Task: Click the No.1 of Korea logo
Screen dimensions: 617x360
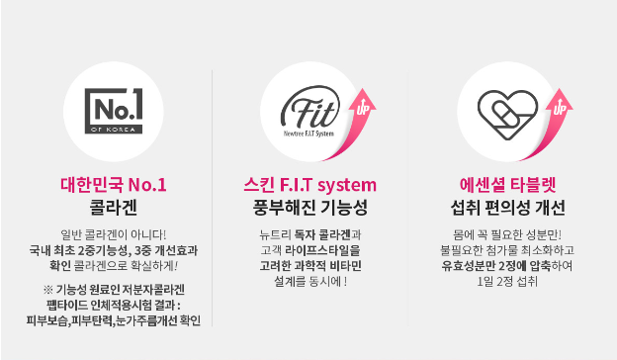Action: (114, 111)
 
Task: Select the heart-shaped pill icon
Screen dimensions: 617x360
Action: (507, 115)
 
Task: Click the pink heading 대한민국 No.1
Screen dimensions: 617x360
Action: (114, 185)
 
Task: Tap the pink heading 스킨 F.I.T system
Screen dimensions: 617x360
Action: (310, 185)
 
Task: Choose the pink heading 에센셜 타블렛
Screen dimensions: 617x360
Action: (507, 185)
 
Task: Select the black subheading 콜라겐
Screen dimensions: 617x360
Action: (114, 208)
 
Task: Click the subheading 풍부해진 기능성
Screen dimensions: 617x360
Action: (310, 208)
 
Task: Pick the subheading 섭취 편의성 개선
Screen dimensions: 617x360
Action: (507, 208)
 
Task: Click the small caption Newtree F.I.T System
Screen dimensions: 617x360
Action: (308, 134)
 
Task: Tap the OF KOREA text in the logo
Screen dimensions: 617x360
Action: (114, 130)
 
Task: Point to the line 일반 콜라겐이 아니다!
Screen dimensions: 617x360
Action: (114, 234)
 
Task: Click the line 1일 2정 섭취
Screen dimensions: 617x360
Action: (507, 281)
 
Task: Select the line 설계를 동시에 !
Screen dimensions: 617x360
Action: (310, 281)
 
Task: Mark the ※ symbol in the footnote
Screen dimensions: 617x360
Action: (48, 290)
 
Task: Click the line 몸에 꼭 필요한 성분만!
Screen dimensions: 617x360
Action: (507, 234)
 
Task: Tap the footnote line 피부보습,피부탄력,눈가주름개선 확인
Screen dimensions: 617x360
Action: (114, 320)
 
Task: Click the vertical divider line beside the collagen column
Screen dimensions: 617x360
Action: (212, 198)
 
